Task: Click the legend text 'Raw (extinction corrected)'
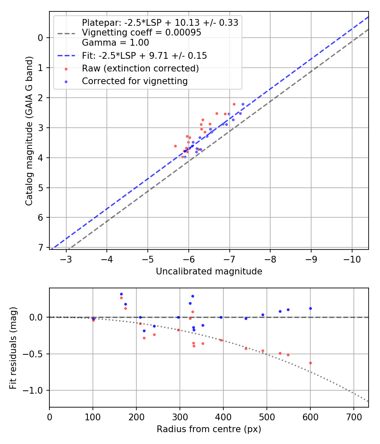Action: click(x=140, y=68)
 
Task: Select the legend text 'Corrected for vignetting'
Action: click(x=135, y=81)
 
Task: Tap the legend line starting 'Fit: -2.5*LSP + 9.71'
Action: click(x=144, y=55)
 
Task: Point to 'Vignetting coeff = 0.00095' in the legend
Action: click(x=141, y=33)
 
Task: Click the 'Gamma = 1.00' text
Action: click(x=115, y=42)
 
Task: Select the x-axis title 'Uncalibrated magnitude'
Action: click(x=209, y=271)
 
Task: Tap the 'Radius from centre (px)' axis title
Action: click(x=209, y=429)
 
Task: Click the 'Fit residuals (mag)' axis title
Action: click(x=14, y=348)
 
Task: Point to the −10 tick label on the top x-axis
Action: click(x=352, y=258)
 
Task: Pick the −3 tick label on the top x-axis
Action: click(x=66, y=258)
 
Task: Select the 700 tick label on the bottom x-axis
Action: click(x=354, y=417)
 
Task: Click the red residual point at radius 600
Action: click(x=310, y=363)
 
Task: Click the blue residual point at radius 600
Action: click(x=310, y=308)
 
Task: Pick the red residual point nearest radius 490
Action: click(x=263, y=351)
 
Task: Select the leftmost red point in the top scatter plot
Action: click(x=175, y=146)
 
